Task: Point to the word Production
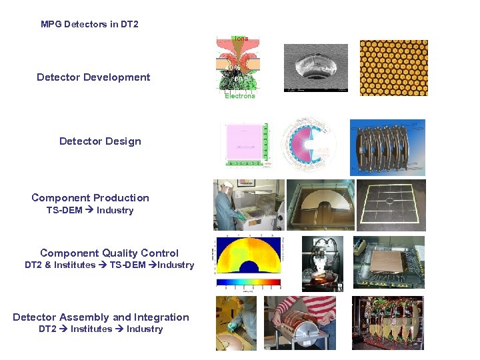point(121,198)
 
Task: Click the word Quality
point(121,253)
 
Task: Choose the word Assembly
point(85,317)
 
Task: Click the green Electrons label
point(239,96)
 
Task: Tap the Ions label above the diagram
point(240,39)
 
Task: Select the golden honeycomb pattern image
point(393,68)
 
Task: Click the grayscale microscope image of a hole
point(316,67)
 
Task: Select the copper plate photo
point(390,263)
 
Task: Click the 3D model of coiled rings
point(387,147)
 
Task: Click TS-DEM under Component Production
point(64,211)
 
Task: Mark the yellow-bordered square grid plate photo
point(390,205)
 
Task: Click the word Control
point(161,253)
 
